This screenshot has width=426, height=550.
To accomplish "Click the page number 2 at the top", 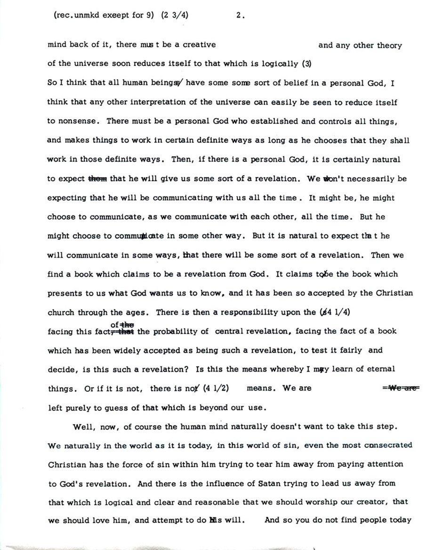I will [240, 15].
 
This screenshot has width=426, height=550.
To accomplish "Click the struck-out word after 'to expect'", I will [98, 178].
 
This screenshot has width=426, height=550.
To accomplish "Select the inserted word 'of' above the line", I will [114, 324].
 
